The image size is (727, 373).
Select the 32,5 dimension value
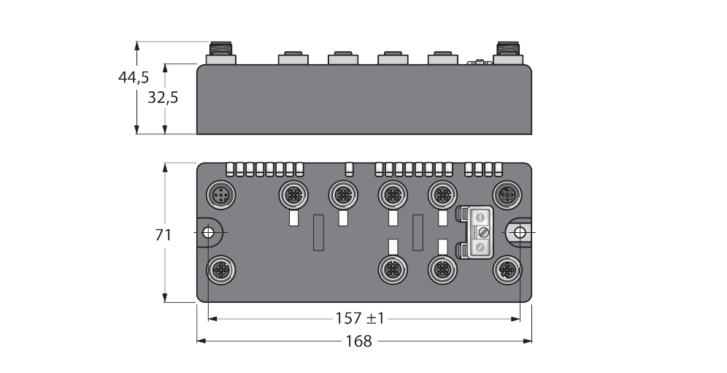tap(162, 98)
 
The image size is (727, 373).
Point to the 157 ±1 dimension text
tap(360, 319)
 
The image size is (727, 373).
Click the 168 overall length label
tap(360, 341)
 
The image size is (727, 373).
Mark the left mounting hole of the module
tap(208, 233)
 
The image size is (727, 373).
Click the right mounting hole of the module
tap(519, 233)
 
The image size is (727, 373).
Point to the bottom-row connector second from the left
tap(441, 269)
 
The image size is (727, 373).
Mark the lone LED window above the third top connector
tap(349, 169)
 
